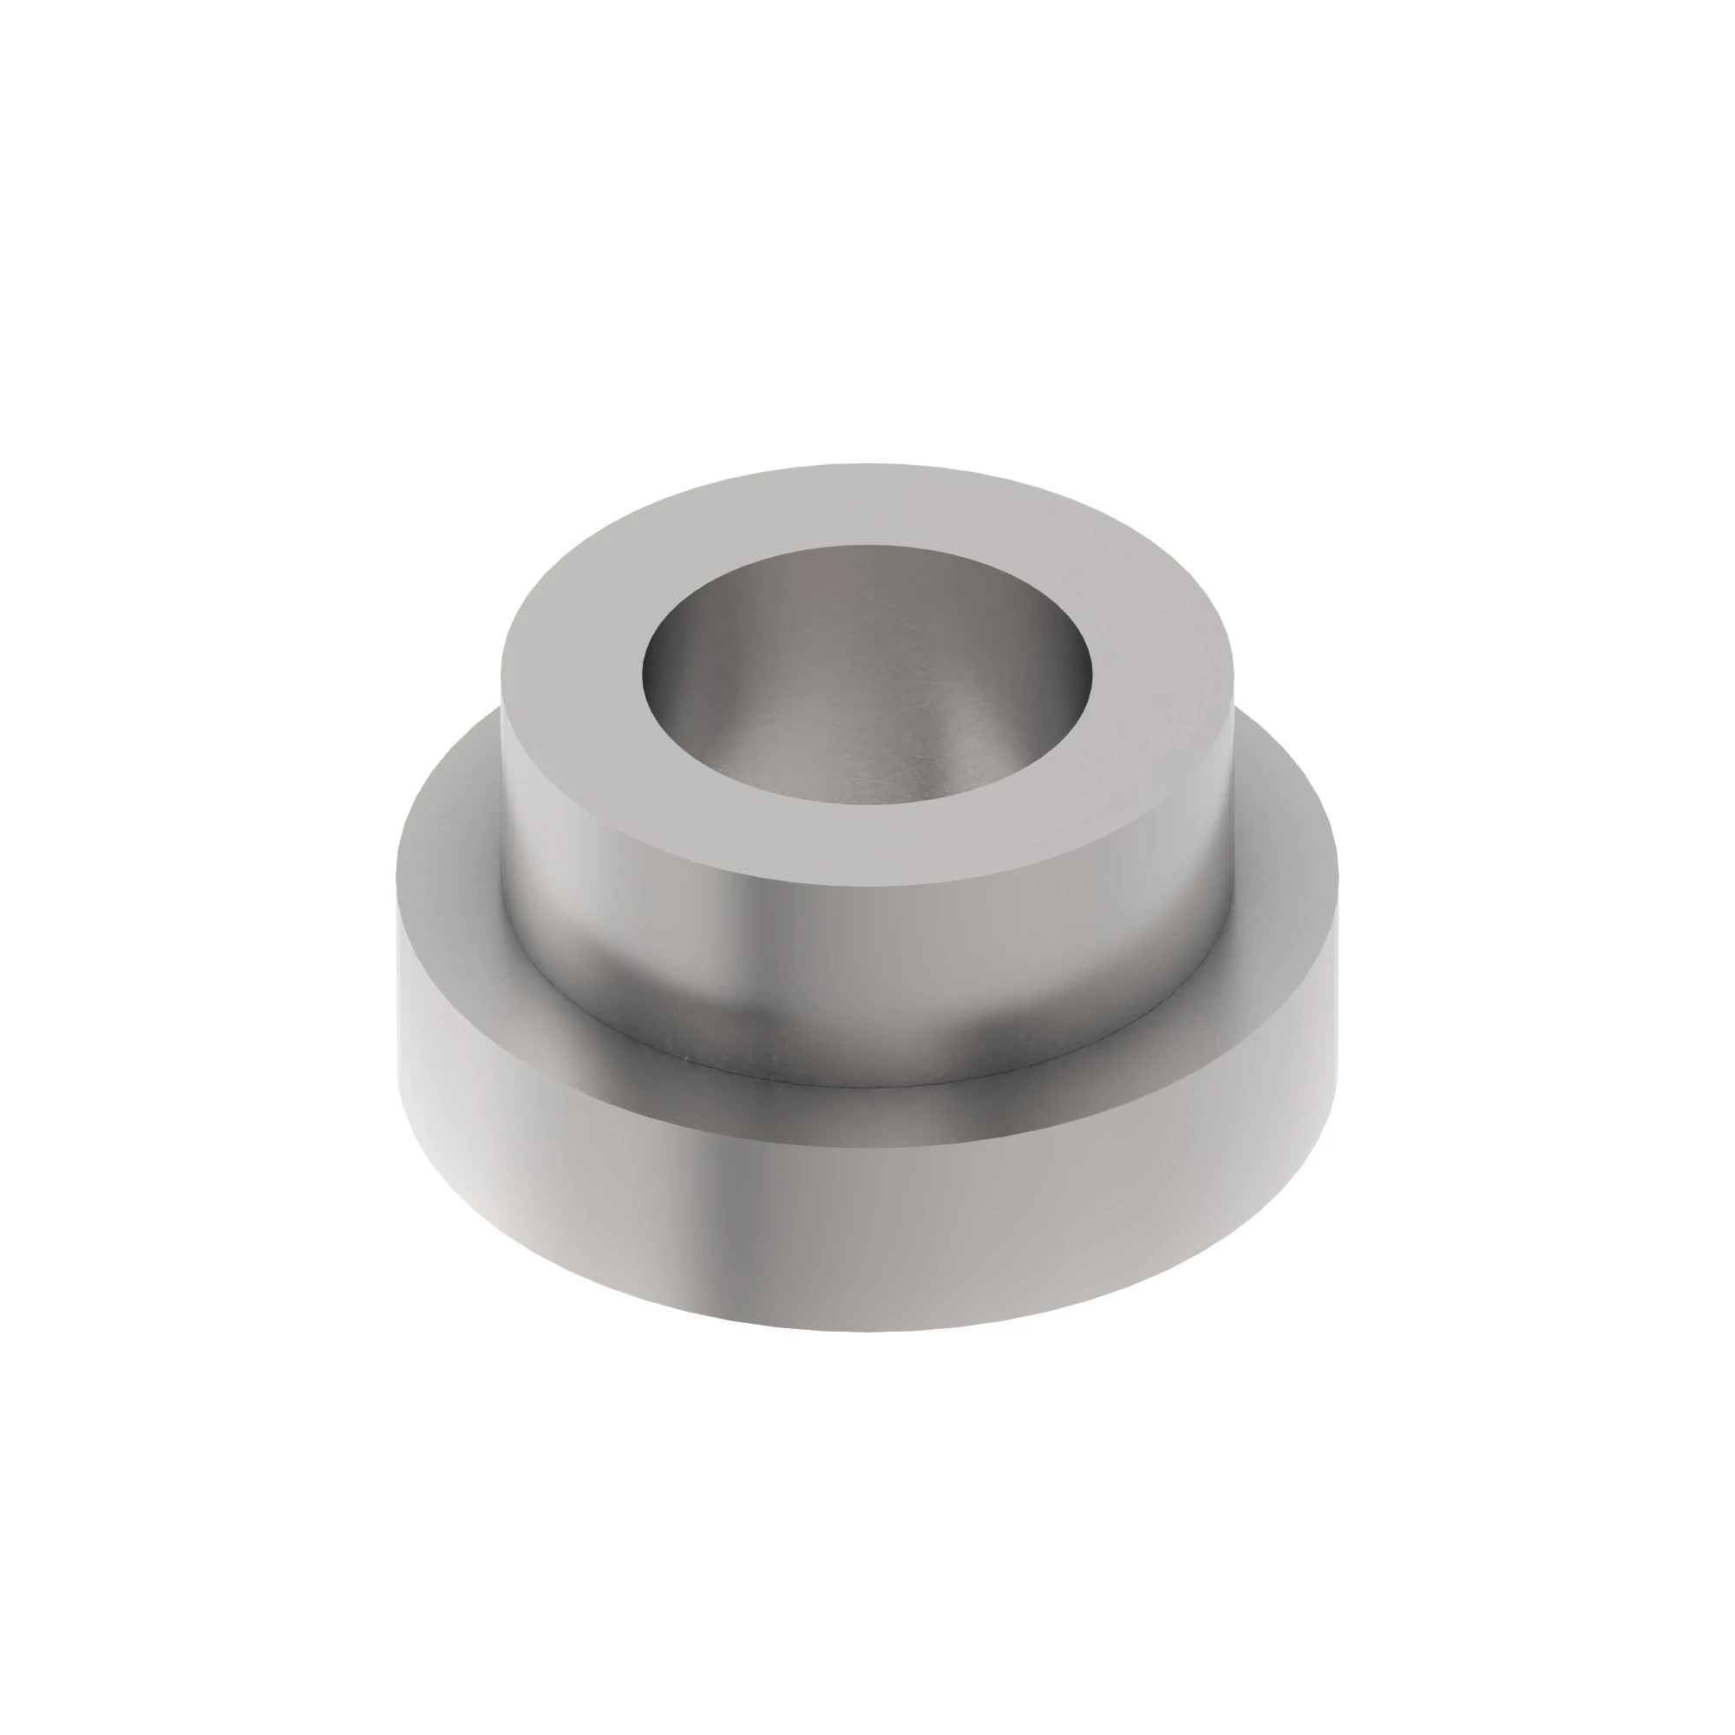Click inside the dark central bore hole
[x=867, y=691]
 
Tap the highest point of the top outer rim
[x=867, y=464]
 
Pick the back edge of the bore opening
[x=867, y=545]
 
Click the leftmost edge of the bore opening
[x=643, y=669]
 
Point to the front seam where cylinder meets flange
[x=867, y=1079]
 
